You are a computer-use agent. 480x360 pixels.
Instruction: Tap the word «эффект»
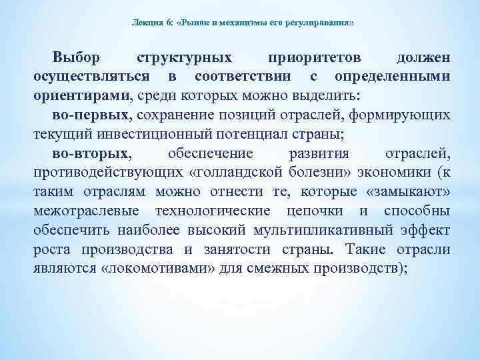[425, 231]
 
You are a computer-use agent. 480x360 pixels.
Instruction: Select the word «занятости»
[241, 251]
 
